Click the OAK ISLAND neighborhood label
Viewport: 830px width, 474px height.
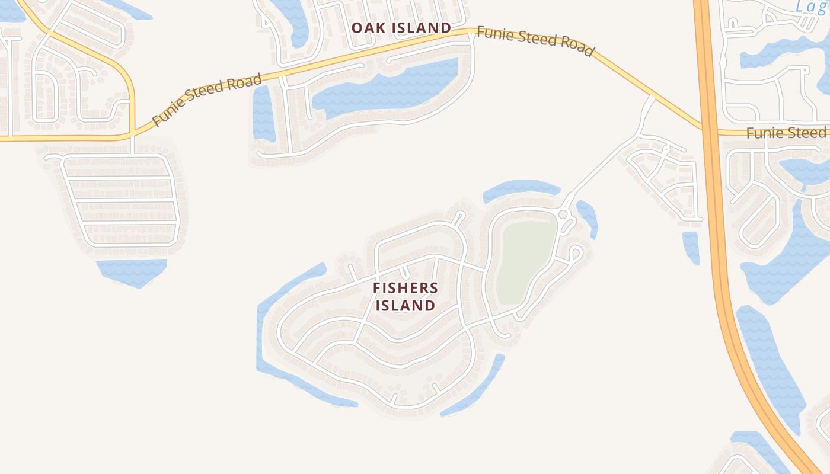[401, 28]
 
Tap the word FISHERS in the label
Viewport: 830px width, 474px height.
[406, 289]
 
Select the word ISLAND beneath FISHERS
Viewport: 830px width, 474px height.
[406, 306]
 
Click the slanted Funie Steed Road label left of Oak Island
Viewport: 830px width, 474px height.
[206, 100]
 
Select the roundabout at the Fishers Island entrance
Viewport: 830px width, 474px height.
[563, 214]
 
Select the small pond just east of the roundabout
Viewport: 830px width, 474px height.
[588, 216]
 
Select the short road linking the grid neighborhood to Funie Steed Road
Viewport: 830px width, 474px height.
[132, 145]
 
